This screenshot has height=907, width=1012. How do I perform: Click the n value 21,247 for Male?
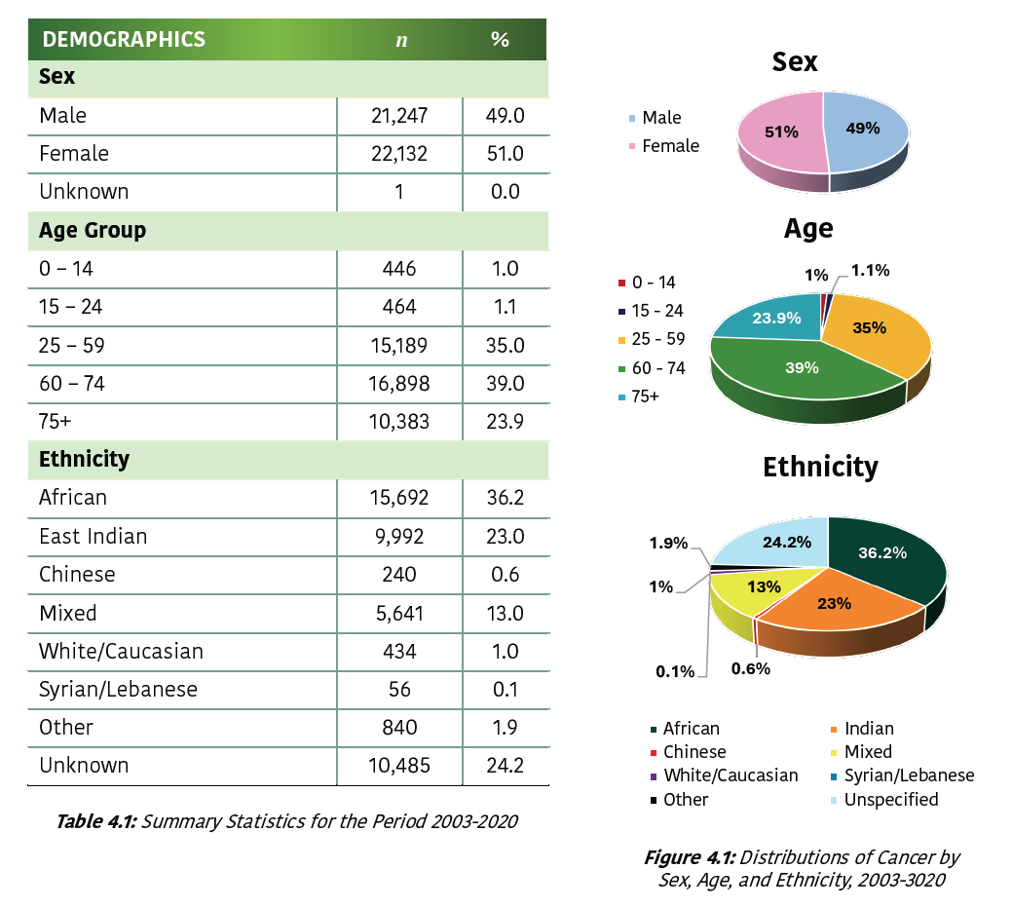pos(399,116)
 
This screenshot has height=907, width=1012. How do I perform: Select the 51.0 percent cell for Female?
pos(506,154)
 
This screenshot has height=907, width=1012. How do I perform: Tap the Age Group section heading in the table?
pos(93,231)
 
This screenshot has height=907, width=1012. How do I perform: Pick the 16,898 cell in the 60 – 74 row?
pos(399,384)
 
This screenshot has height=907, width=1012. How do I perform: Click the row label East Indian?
pos(94,537)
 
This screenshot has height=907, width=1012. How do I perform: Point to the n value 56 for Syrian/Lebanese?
pos(399,690)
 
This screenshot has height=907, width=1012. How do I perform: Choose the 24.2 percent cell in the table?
pos(506,766)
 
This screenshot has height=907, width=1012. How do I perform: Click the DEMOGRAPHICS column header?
pos(124,40)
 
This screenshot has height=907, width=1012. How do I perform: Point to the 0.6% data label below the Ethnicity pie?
pos(751,669)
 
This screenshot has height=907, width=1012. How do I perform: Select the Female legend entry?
pos(670,146)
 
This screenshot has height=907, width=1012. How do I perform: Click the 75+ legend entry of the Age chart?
pos(646,397)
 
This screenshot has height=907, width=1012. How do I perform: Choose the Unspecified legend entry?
pos(891,800)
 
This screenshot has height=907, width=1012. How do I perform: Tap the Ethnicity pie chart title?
pos(820,467)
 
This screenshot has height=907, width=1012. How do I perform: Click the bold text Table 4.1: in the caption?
pos(97,821)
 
